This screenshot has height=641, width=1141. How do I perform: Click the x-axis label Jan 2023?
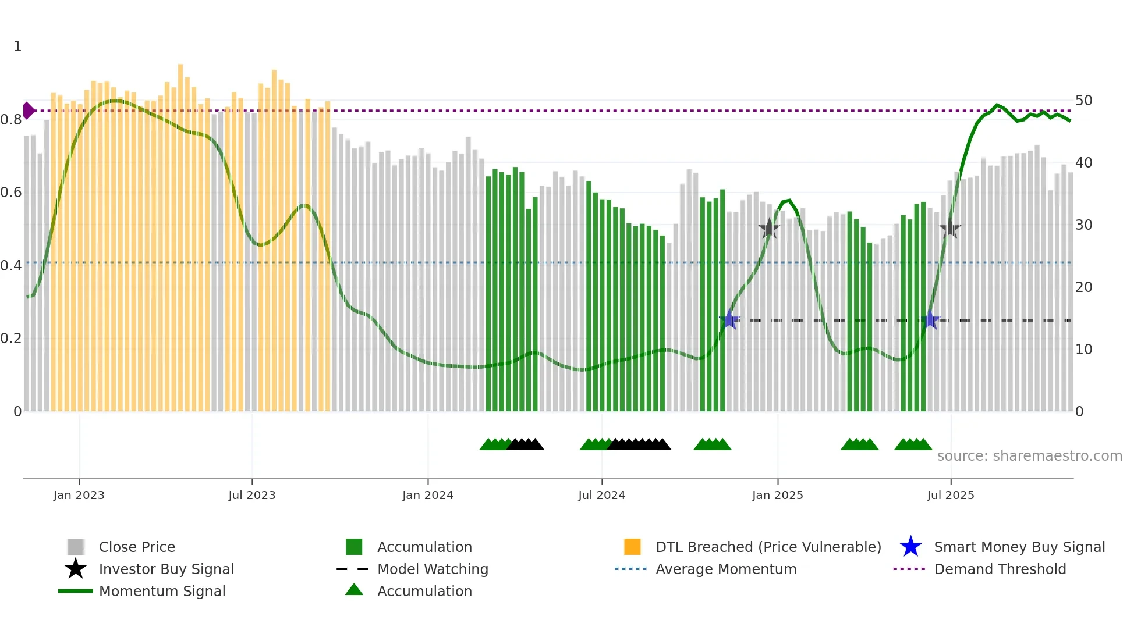[x=79, y=495]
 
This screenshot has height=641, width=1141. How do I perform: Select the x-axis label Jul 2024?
[x=601, y=495]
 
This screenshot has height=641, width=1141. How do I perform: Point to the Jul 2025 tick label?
[x=950, y=495]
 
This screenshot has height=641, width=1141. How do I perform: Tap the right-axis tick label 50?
[x=1083, y=101]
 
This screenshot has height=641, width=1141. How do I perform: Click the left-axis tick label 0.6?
[x=11, y=193]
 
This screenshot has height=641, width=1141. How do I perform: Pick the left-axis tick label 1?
[x=17, y=47]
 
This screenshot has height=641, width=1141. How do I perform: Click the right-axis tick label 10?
[x=1083, y=350]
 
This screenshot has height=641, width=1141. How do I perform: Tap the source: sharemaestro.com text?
[x=1029, y=456]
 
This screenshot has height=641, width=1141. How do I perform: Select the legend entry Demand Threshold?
[x=1000, y=569]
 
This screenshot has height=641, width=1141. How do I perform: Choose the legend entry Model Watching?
[x=432, y=569]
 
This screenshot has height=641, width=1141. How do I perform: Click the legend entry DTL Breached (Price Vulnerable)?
[x=768, y=547]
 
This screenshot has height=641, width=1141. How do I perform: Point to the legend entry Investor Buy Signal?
[x=166, y=569]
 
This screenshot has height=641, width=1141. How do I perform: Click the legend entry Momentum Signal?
[x=162, y=592]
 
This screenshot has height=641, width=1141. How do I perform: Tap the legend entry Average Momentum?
[x=725, y=569]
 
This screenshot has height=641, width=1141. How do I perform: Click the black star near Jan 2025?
[x=769, y=229]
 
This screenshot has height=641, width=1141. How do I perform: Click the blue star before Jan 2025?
[x=729, y=320]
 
